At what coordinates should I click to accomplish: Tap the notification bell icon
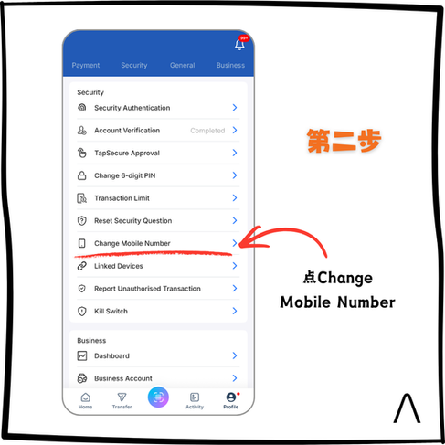coord(239,45)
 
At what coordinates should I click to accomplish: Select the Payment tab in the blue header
coord(86,65)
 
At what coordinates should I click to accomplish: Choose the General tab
coord(183,65)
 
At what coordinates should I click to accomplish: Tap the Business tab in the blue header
coord(230,65)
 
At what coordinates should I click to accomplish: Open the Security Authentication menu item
coord(132,108)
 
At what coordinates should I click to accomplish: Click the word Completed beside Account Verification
coord(207,131)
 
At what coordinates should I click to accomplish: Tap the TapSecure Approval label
coord(127,153)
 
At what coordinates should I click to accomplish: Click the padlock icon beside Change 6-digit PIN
coord(82,175)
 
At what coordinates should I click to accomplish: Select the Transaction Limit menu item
coord(122,198)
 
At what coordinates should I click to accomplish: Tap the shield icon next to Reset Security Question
coord(82,220)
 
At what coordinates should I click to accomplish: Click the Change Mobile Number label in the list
coord(132,243)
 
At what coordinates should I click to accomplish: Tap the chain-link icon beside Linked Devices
coord(82,266)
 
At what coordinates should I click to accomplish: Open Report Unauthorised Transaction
coord(147,289)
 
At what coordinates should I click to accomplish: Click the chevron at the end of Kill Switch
coord(235,311)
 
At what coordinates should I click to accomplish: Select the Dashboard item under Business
coord(111,355)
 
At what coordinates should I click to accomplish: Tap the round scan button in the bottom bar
coord(158,397)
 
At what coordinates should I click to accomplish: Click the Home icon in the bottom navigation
coord(86,397)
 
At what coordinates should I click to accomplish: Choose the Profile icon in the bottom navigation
coord(231,397)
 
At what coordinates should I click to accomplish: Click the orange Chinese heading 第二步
coord(344,141)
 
